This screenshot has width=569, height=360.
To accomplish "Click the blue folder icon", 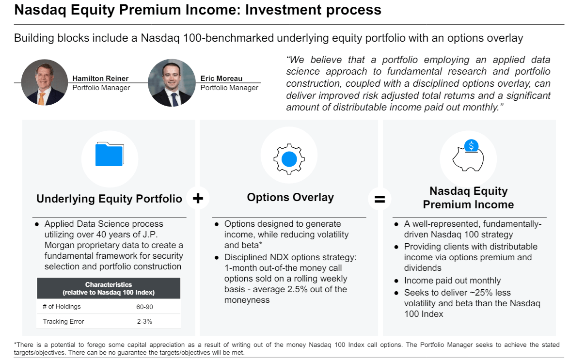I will pyautogui.click(x=110, y=154).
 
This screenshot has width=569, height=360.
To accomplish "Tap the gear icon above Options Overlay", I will pyautogui.click(x=289, y=158).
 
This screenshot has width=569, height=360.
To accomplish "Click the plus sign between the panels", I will pyautogui.click(x=198, y=198).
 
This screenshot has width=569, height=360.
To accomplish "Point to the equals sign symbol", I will pyautogui.click(x=380, y=199).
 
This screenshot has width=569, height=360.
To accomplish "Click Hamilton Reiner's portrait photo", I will pyautogui.click(x=45, y=83).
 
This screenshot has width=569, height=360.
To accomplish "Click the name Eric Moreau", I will pyautogui.click(x=221, y=78).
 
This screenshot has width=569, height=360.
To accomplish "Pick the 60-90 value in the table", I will pyautogui.click(x=145, y=307).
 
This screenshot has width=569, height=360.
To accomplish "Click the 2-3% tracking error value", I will pyautogui.click(x=145, y=321).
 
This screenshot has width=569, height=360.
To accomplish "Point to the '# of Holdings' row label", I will pyautogui.click(x=62, y=307).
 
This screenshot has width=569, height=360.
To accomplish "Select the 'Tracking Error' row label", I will pyautogui.click(x=63, y=321).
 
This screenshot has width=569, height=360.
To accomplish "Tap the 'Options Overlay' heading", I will pyautogui.click(x=290, y=197).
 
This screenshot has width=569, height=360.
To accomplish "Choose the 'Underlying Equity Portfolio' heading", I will pyautogui.click(x=110, y=199).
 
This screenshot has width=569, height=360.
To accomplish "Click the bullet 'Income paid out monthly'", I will pyautogui.click(x=452, y=281).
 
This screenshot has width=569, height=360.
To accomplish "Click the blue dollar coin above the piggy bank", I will pyautogui.click(x=471, y=145).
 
